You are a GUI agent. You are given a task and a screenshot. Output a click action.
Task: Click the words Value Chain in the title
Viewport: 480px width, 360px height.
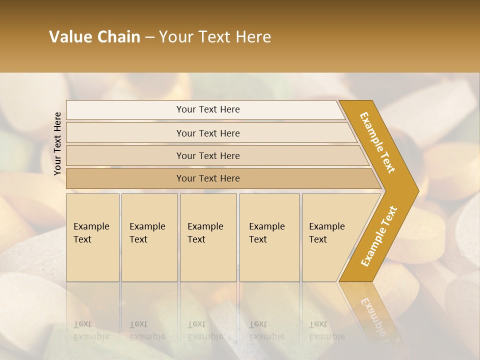click(x=94, y=36)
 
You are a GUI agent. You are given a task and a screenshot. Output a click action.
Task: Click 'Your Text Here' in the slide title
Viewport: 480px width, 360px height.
click(x=215, y=36)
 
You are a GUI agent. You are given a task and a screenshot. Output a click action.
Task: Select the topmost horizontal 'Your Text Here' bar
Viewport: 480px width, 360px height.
click(x=207, y=109)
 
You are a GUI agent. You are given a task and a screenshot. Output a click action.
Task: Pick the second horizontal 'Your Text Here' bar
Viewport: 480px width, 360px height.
click(x=207, y=133)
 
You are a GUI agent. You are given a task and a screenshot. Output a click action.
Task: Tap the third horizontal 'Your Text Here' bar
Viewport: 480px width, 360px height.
click(x=207, y=155)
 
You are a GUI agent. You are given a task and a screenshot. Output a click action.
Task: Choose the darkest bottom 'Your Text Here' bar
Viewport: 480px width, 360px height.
click(x=207, y=178)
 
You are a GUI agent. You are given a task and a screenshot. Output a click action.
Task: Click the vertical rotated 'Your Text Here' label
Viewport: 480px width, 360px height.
click(x=57, y=143)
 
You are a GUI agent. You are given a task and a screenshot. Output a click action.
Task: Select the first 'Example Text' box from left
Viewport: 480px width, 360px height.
click(x=92, y=237)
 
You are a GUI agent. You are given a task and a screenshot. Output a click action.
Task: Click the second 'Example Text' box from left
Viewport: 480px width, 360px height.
click(x=149, y=237)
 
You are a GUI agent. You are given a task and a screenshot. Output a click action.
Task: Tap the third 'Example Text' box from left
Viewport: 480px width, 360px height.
click(x=208, y=237)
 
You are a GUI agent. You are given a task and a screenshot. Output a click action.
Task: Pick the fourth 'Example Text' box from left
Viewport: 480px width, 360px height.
click(x=269, y=237)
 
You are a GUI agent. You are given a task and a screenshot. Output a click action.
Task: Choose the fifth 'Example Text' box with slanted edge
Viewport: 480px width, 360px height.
click(x=330, y=237)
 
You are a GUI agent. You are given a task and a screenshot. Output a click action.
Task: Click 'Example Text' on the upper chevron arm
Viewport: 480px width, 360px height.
click(x=377, y=142)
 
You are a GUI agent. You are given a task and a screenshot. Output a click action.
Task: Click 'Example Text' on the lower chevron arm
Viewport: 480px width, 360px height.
click(x=378, y=236)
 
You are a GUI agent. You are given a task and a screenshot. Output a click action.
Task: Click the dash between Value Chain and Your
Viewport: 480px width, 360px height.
click(x=149, y=37)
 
